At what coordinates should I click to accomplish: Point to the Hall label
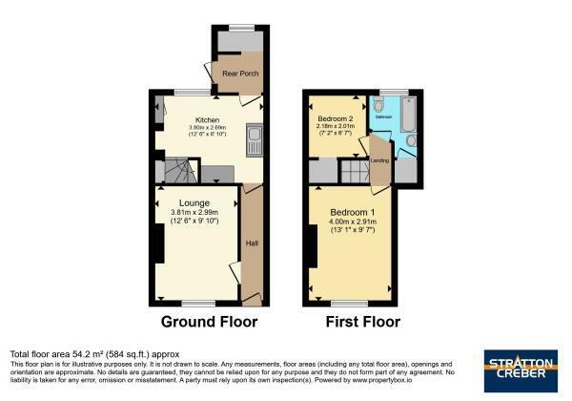252,244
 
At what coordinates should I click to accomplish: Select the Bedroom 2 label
335,117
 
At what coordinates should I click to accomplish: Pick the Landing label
379,159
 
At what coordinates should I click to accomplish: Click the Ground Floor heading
209,322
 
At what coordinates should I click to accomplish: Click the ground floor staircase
178,172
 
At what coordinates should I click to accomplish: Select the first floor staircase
354,172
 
